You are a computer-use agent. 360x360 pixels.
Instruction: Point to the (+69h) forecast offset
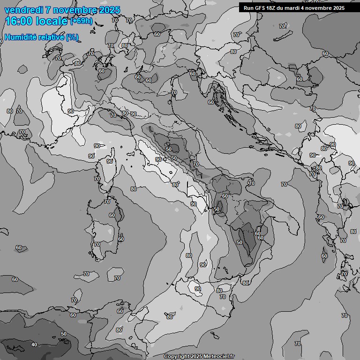(82, 22)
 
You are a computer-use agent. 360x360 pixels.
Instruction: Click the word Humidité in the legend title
(20, 37)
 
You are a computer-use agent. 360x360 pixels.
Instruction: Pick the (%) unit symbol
(72, 37)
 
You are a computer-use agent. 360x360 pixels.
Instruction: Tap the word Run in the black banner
(248, 7)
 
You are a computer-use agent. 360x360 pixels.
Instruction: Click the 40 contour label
(34, 345)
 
